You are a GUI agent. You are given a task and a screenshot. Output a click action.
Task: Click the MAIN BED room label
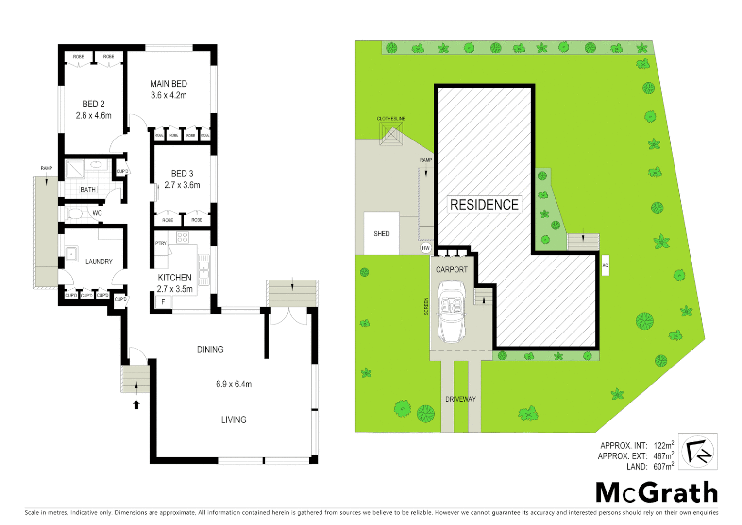click(169, 84)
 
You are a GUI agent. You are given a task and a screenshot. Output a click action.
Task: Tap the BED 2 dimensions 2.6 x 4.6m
click(94, 116)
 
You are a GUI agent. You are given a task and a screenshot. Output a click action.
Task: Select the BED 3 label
click(182, 174)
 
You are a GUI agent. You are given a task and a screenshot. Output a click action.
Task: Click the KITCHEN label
click(174, 278)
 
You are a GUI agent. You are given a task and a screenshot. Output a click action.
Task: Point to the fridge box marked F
click(163, 302)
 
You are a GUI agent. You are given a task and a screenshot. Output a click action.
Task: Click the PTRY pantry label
click(161, 243)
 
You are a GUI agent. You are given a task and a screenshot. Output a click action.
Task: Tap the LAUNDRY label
click(99, 262)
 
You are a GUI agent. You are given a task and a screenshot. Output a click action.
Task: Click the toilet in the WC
click(75, 213)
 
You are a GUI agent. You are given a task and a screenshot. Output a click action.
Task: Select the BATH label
click(88, 190)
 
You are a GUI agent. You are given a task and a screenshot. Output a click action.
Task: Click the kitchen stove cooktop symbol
click(182, 237)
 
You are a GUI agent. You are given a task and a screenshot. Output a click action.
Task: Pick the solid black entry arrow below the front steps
click(136, 404)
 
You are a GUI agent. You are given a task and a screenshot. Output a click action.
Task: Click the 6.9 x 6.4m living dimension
click(234, 384)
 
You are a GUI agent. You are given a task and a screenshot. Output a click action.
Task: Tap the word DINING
click(210, 350)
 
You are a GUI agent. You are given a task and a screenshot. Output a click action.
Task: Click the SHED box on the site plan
click(382, 234)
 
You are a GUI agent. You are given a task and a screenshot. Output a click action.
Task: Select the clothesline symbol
click(391, 134)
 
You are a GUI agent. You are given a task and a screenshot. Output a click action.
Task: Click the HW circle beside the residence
click(426, 248)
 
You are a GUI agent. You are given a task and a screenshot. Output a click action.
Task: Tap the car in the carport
click(452, 312)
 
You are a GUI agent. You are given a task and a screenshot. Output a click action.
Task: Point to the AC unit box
click(605, 265)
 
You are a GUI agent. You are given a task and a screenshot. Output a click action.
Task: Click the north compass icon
click(697, 452)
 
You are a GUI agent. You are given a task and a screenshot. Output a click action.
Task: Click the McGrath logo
click(657, 493)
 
